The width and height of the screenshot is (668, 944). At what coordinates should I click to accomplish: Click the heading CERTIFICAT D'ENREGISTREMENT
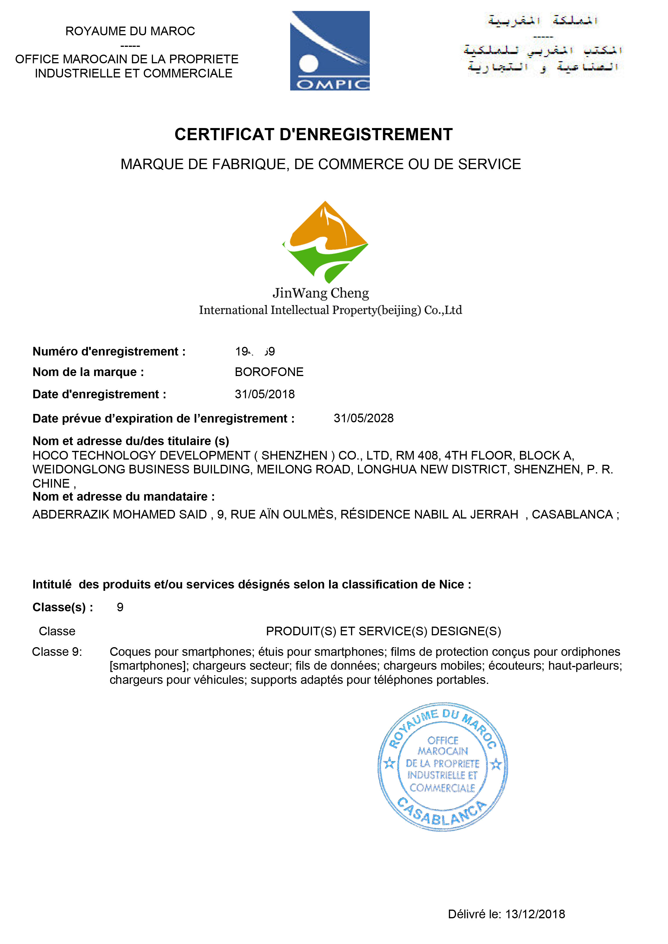(313, 134)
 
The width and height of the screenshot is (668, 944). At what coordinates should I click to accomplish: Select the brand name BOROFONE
(269, 372)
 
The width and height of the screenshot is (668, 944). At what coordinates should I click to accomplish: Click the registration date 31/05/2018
(265, 394)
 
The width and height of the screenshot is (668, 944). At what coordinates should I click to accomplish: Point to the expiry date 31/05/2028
(363, 418)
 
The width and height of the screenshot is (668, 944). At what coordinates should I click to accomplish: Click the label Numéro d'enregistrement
(109, 351)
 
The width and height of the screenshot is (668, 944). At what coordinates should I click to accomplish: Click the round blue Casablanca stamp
(443, 767)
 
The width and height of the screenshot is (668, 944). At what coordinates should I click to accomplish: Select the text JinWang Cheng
(320, 293)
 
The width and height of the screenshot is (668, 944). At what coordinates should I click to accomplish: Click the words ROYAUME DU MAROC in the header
(130, 31)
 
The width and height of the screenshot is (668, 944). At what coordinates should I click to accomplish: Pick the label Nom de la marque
(88, 372)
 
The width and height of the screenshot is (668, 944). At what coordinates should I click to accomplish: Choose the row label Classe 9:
(57, 652)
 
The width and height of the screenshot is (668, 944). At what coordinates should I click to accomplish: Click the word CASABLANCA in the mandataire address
(572, 514)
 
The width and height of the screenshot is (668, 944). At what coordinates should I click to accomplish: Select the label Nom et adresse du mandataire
(123, 497)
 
